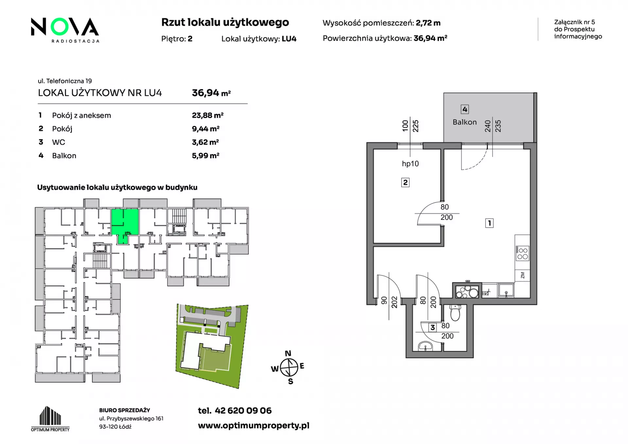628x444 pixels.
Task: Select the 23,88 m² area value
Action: (x=208, y=115)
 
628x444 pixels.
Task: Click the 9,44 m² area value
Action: (x=205, y=129)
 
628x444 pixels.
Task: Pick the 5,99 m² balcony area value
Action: (x=205, y=155)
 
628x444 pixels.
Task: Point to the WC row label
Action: (x=59, y=142)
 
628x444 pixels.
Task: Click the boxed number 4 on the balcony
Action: (x=464, y=109)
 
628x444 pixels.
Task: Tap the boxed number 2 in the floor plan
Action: (x=405, y=182)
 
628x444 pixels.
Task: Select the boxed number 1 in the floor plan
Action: (x=489, y=223)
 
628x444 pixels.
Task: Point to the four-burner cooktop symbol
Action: (x=522, y=254)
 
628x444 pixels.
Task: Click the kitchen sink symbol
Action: (x=506, y=290)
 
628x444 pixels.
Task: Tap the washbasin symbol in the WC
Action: (x=426, y=346)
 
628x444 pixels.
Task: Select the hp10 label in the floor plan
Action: (x=410, y=164)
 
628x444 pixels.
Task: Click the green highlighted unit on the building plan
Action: (x=125, y=224)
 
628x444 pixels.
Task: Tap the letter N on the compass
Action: (x=288, y=353)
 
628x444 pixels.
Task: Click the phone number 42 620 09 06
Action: (x=243, y=411)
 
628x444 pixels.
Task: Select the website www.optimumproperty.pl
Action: (x=253, y=426)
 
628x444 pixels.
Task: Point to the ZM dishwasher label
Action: (x=522, y=275)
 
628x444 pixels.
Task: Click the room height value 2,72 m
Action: (x=428, y=23)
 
